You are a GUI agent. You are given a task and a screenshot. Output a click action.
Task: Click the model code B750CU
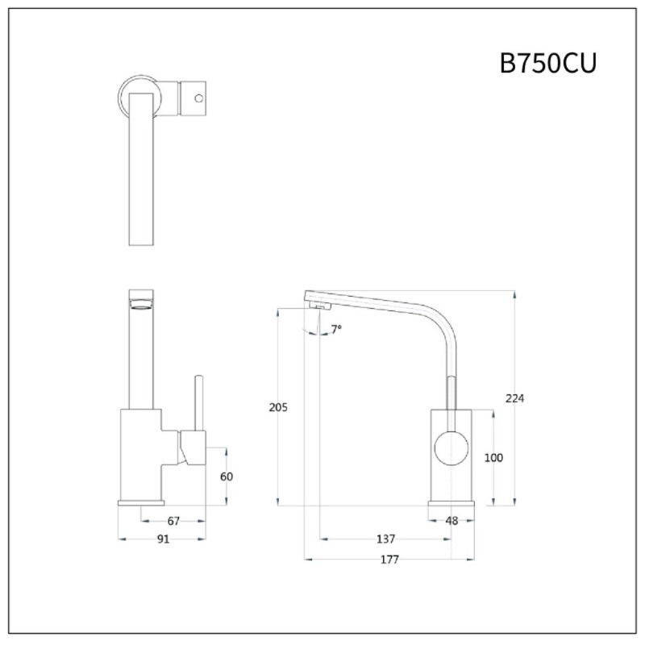[547, 63]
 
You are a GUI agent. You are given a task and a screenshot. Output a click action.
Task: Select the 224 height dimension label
[515, 398]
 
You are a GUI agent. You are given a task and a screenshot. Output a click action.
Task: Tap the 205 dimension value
[277, 407]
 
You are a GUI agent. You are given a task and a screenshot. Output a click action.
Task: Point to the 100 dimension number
[493, 457]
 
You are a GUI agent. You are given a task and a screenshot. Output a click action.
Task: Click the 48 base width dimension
[451, 521]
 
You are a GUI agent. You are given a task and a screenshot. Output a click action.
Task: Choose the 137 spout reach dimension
[385, 539]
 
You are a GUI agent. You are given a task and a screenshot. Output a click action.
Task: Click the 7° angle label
[336, 329]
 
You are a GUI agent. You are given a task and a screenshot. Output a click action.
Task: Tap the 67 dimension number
[173, 521]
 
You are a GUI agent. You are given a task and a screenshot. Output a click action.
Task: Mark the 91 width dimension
[163, 539]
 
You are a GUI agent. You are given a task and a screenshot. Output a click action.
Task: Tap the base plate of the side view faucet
[458, 502]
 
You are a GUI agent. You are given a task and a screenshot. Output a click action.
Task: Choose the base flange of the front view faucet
[141, 502]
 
